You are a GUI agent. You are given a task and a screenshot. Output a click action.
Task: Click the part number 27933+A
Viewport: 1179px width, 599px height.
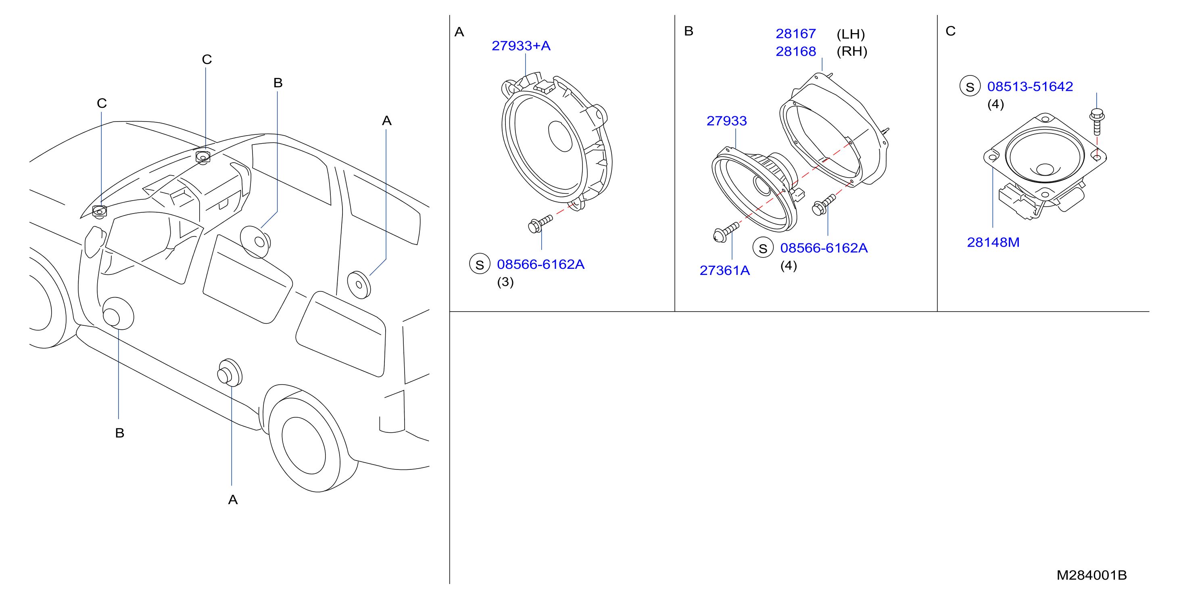coord(521,46)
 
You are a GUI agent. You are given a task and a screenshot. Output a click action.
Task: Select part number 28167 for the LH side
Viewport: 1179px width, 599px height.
coord(795,34)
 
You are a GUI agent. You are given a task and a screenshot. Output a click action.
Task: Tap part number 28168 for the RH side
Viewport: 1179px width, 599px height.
coord(795,51)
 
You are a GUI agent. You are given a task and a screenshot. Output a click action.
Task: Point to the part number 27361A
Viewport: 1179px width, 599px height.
coord(724,271)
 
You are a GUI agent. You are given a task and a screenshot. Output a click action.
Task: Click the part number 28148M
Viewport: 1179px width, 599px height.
coord(993,242)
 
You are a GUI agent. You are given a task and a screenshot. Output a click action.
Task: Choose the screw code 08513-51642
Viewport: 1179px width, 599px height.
coord(1030,86)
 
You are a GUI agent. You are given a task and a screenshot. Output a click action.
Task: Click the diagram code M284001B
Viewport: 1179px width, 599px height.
coord(1091,575)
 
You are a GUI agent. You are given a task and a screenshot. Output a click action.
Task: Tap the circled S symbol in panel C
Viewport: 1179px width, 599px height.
coord(970,86)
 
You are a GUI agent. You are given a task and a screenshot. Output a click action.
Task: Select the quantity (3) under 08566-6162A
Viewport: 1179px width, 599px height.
coord(505,282)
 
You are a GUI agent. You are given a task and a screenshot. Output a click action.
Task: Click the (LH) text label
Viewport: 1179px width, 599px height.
coord(851,34)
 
